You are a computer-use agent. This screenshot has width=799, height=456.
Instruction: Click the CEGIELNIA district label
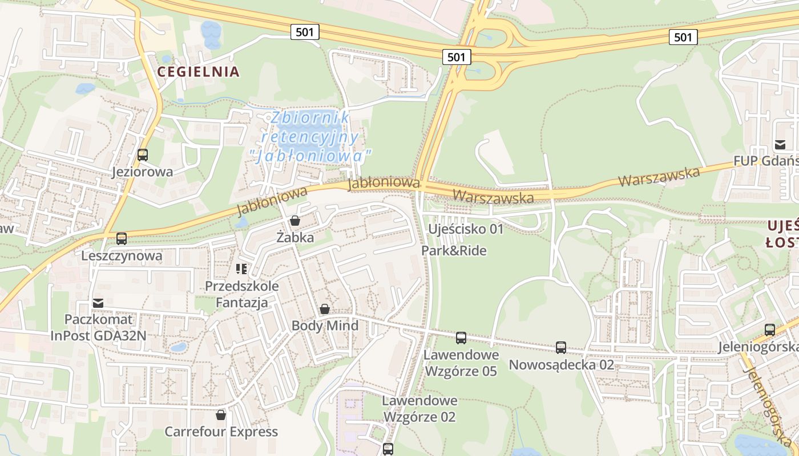click(x=198, y=72)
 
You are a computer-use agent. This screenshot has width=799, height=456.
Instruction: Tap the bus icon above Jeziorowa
click(x=143, y=154)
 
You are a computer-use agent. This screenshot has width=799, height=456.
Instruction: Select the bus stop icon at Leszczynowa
click(x=122, y=239)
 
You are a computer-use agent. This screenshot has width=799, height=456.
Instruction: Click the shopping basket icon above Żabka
click(x=295, y=220)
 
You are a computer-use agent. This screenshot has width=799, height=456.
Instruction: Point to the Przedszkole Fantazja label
click(x=241, y=294)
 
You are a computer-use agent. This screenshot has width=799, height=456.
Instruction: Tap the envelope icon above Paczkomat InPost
click(x=98, y=303)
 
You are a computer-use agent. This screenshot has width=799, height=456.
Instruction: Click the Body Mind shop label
click(x=325, y=326)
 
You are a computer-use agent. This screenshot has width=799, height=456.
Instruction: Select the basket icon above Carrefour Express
click(x=221, y=414)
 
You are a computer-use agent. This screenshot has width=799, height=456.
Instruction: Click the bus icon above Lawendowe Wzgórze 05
click(x=461, y=337)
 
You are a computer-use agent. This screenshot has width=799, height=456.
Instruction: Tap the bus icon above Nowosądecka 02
click(x=561, y=347)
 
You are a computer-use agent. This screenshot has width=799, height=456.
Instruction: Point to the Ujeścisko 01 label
click(x=466, y=229)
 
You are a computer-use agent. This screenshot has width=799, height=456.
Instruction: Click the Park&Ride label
click(x=454, y=250)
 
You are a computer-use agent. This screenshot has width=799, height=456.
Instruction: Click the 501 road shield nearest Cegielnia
click(x=305, y=32)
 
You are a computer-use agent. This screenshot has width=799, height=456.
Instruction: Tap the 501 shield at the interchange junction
click(x=457, y=56)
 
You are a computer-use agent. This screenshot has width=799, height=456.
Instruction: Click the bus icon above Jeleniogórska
click(x=770, y=329)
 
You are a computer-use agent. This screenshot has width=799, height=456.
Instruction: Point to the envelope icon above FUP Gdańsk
click(x=780, y=144)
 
